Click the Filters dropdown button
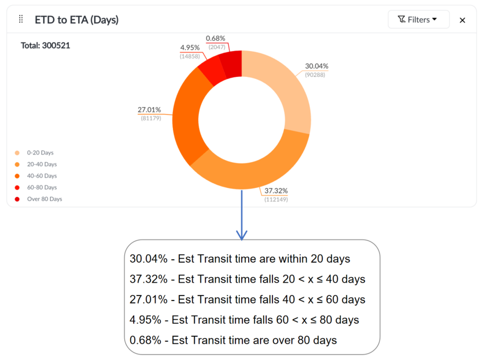click(x=418, y=20)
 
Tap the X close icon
click(x=462, y=20)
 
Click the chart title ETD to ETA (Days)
click(x=76, y=20)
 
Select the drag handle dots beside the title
click(x=21, y=19)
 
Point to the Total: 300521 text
click(x=46, y=46)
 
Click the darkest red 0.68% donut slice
click(x=231, y=62)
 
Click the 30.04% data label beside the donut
click(x=317, y=66)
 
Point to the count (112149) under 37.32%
click(x=276, y=199)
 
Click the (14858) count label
click(x=190, y=57)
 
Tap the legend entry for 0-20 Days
click(x=40, y=153)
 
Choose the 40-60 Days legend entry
click(x=42, y=176)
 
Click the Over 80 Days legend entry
click(x=44, y=199)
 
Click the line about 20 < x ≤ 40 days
click(x=247, y=279)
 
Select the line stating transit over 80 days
click(x=233, y=340)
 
